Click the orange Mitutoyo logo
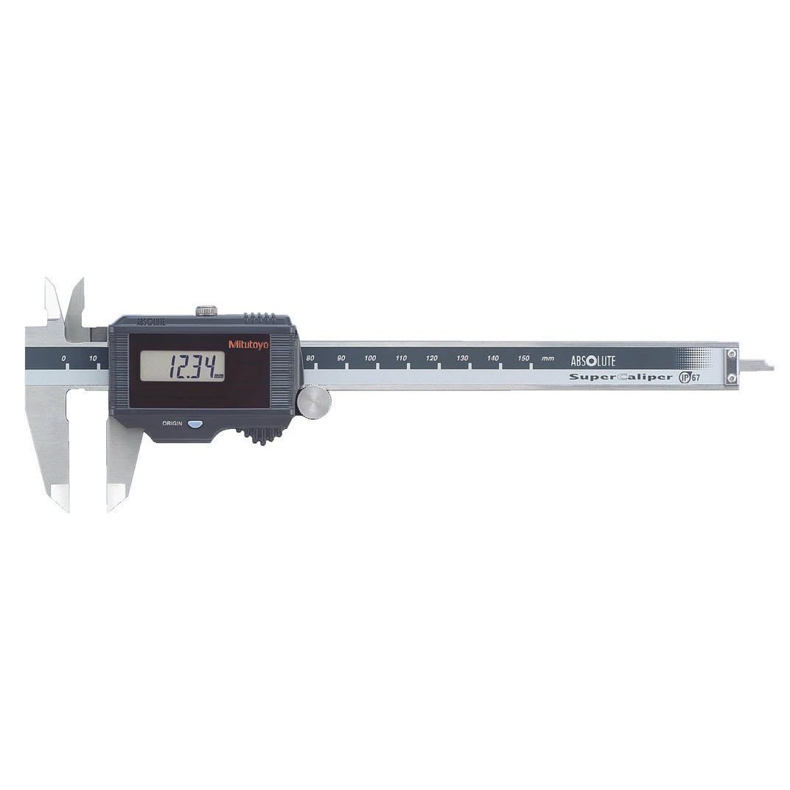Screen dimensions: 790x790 249,345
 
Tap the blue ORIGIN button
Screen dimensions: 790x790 195,424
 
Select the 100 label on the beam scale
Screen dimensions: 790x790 370,358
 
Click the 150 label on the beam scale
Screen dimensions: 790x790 523,358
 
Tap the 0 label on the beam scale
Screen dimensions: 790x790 63,358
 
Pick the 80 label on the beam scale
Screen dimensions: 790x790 310,358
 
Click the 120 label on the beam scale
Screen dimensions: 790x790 432,358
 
